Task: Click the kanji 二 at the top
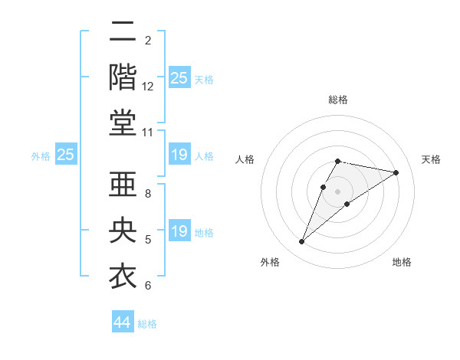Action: [123, 33]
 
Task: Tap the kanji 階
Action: [123, 78]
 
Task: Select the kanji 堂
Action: [123, 123]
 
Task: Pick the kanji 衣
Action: [123, 277]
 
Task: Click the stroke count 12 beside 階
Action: [148, 87]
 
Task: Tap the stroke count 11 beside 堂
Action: [148, 133]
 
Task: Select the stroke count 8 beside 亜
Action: [148, 193]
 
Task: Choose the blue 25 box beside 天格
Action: [179, 78]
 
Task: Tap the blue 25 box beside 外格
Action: [66, 155]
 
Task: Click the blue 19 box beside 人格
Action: [179, 155]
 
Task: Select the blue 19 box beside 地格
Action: [179, 231]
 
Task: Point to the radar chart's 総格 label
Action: [338, 100]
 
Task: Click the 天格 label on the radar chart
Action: [432, 159]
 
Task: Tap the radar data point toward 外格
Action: [302, 242]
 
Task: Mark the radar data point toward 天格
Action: [396, 172]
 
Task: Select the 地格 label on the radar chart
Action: [402, 262]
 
